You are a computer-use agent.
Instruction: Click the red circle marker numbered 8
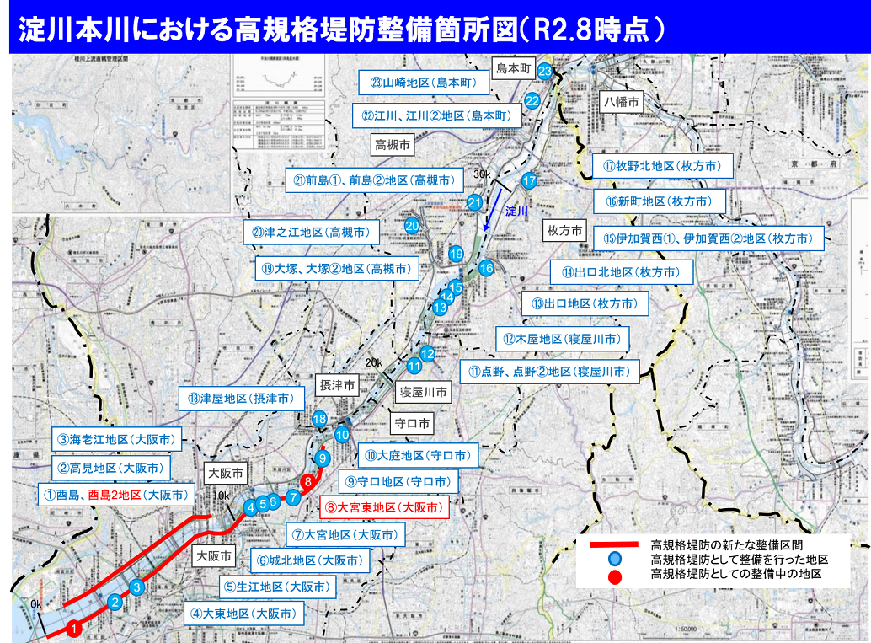coord(309,482)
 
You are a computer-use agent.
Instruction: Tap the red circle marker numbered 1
coord(74,627)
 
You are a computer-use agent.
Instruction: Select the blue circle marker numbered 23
coord(545,71)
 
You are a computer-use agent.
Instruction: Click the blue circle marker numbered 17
coord(529,180)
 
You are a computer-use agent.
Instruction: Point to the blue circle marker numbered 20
coord(412,226)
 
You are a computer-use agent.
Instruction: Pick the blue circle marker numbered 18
coord(319,419)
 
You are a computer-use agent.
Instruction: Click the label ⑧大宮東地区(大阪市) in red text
coord(383,507)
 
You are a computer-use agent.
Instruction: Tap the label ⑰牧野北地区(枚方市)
coord(662,166)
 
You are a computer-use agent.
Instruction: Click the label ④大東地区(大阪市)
coord(243,614)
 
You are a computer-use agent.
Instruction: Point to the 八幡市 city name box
coord(622,101)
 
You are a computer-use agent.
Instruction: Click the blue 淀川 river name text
coord(516,211)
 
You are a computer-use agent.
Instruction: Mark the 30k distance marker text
coord(482,174)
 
